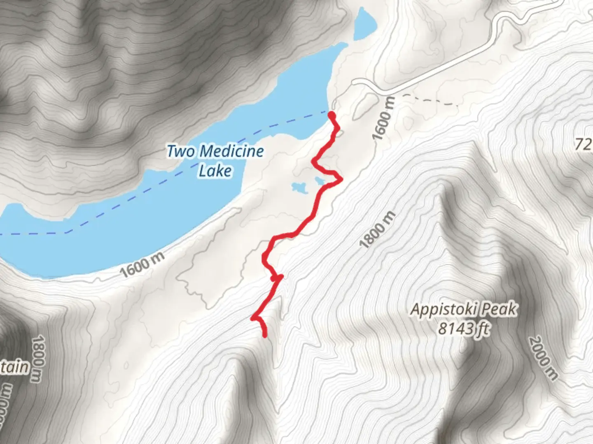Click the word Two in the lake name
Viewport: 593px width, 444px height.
(180, 151)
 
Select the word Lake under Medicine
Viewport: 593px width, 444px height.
(215, 170)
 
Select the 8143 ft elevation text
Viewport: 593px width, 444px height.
(464, 328)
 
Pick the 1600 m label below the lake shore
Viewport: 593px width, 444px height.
(142, 264)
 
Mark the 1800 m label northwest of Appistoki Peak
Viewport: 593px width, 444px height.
(377, 230)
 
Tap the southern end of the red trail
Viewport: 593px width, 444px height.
(264, 335)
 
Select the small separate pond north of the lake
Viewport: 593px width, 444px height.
(364, 24)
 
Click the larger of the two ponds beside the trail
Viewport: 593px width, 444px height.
(300, 188)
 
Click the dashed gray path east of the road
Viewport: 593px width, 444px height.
(430, 99)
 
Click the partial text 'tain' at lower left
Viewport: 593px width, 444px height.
(14, 367)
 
